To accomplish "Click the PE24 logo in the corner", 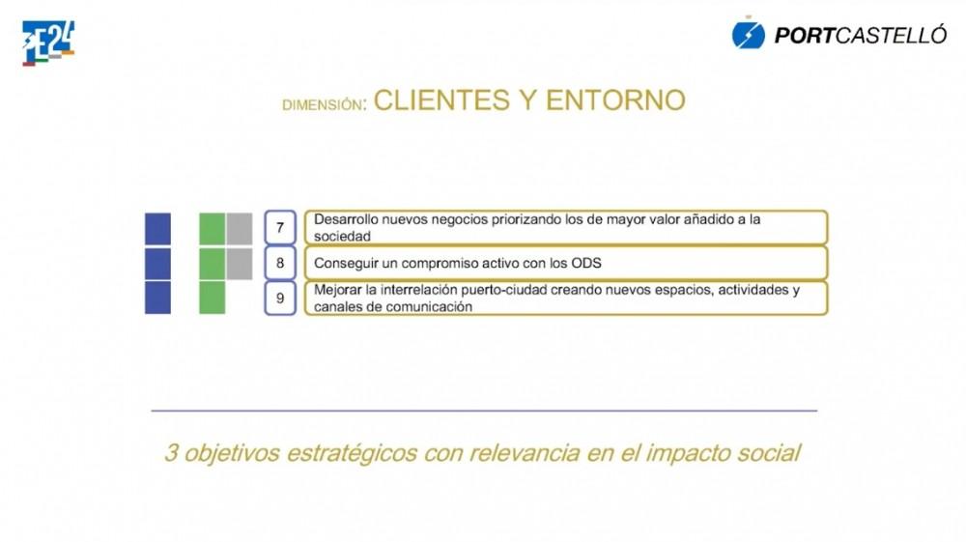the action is tap(48, 43).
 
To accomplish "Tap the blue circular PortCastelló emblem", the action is tap(748, 35).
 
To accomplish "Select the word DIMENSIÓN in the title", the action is tap(323, 104).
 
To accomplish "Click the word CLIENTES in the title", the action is tap(441, 100).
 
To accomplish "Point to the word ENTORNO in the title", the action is tap(615, 100).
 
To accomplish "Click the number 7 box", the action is tap(280, 228).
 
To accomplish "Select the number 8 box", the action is tap(280, 263).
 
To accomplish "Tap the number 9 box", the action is tap(280, 299).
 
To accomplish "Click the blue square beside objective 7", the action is tap(157, 229).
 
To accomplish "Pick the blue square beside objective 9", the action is tap(157, 298).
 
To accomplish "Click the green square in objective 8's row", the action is tap(212, 264).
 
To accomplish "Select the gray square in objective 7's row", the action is tap(239, 229).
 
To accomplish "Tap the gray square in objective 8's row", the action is tap(239, 264).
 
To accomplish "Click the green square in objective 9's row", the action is tap(212, 298).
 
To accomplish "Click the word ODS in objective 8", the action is tap(586, 263).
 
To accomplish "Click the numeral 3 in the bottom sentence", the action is tap(171, 453).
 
